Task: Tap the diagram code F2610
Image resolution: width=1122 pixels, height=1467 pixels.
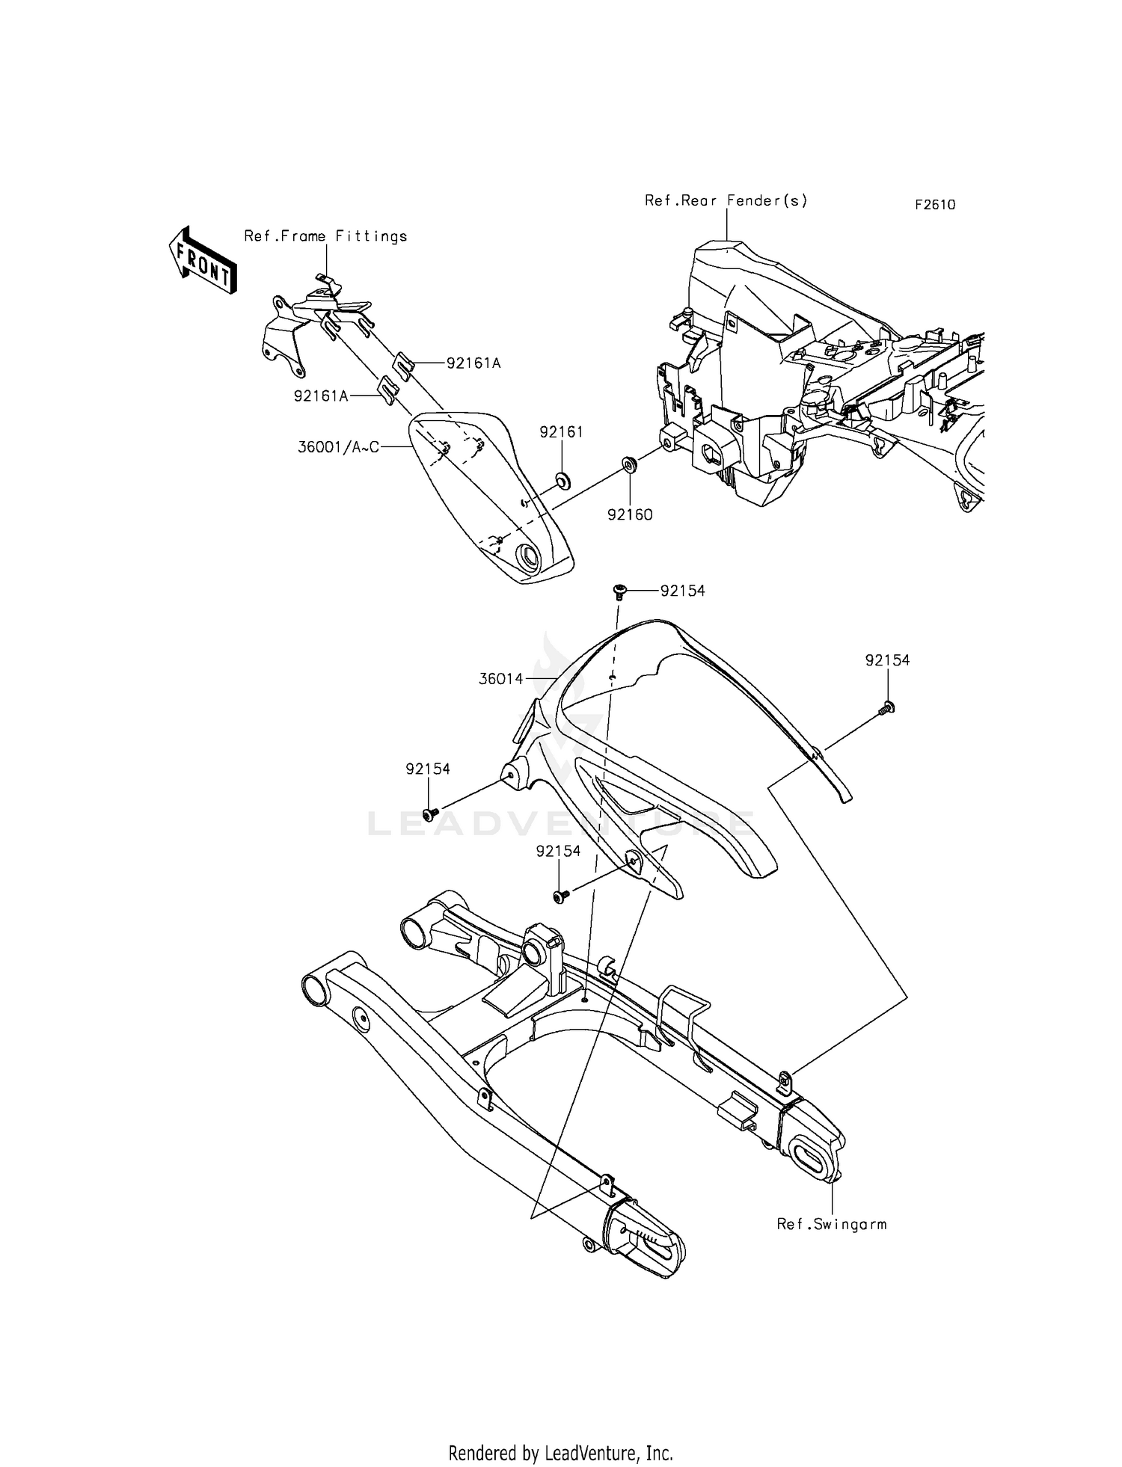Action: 934,205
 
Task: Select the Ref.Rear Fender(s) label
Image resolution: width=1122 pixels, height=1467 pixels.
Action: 726,200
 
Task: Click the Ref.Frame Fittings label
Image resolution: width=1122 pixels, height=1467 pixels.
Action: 325,236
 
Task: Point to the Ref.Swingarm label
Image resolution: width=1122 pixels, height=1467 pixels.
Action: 831,1224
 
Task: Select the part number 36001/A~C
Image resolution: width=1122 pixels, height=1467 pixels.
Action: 338,447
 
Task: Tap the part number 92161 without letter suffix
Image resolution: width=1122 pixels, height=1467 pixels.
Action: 561,432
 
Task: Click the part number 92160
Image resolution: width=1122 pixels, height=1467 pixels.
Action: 629,514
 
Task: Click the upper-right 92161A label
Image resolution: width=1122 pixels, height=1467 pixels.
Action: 473,363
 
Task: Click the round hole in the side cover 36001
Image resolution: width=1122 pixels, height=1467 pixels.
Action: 527,557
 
